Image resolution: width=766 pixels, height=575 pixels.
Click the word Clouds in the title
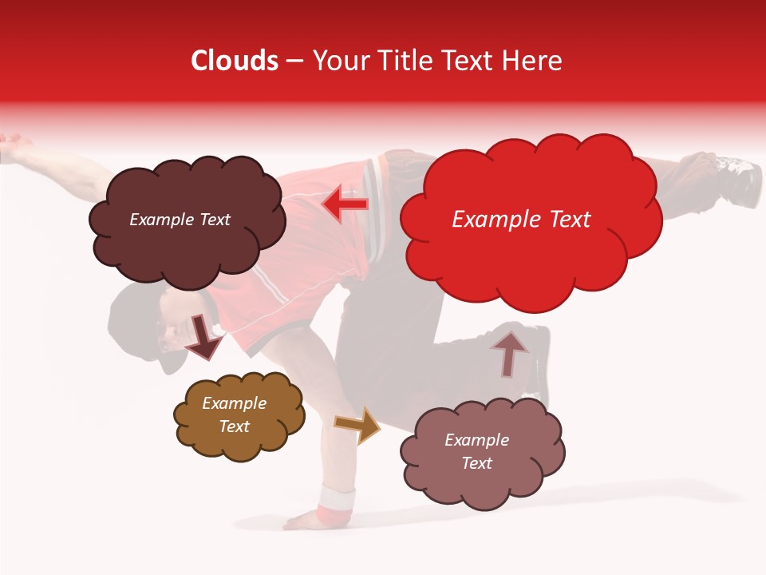235,61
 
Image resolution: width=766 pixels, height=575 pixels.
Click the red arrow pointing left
345,204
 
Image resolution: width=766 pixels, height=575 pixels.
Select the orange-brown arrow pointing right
357,425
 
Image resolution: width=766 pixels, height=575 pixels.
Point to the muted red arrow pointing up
510,352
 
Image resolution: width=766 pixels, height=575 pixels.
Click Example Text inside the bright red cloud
521,220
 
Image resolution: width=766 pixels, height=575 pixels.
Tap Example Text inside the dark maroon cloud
180,220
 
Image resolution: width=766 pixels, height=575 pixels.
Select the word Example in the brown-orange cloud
234,403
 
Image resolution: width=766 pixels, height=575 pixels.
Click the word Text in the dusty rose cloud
476,463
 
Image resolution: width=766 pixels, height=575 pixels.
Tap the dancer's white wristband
336,501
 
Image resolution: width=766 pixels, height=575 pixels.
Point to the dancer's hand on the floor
307,521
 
